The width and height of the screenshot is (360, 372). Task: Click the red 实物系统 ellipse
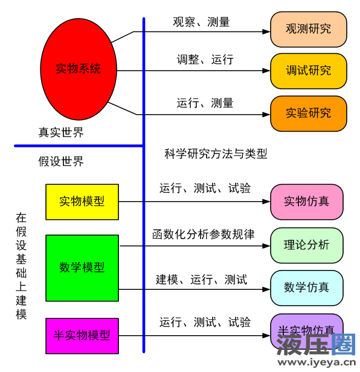click(79, 69)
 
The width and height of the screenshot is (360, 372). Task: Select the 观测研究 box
click(308, 30)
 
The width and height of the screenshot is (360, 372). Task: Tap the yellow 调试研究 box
click(308, 71)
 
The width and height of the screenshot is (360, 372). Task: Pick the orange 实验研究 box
click(308, 114)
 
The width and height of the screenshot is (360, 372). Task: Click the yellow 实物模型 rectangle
click(82, 202)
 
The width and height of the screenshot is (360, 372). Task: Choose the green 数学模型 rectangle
click(82, 268)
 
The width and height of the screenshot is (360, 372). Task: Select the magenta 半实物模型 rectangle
click(82, 336)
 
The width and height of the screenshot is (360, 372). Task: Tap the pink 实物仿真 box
click(307, 202)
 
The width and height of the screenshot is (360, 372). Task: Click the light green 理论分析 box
click(307, 245)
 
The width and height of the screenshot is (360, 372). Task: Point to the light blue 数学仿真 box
click(307, 288)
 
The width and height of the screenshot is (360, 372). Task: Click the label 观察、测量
click(201, 22)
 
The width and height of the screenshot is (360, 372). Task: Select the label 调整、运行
click(205, 59)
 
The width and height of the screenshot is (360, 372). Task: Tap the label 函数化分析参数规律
click(204, 234)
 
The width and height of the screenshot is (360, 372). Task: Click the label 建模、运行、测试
click(202, 280)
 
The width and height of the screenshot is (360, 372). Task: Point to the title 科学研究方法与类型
click(216, 154)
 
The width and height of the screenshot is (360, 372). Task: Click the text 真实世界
click(61, 132)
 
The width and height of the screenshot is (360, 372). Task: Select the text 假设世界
click(61, 162)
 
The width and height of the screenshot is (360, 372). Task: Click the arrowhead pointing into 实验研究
click(266, 115)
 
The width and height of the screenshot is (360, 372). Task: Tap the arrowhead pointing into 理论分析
click(266, 246)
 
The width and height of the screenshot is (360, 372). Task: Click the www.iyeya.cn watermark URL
click(317, 362)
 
